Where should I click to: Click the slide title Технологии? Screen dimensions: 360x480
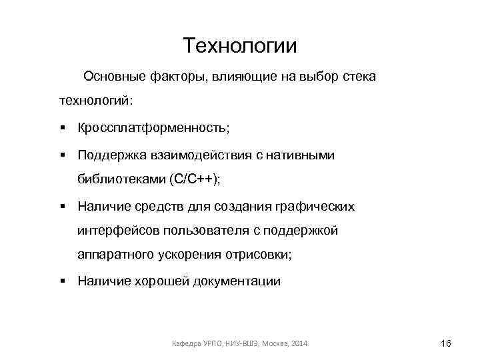240,46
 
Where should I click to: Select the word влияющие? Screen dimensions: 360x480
244,77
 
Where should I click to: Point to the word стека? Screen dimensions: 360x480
359,77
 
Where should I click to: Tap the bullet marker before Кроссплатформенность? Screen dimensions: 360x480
61,127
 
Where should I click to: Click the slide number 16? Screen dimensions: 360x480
446,343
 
